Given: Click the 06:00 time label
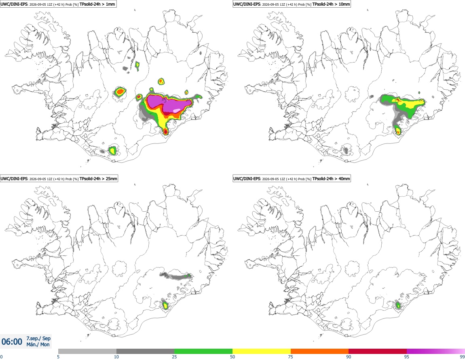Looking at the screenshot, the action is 12,342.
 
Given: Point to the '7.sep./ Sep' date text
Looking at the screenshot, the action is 38,338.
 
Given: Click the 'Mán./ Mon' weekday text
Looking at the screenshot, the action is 38,345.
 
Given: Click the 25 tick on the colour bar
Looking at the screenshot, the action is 174,357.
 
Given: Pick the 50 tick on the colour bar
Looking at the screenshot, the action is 232,357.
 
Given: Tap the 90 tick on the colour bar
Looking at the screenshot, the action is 349,357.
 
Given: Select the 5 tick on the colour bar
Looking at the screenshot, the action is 58,357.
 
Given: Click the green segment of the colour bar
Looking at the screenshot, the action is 203,351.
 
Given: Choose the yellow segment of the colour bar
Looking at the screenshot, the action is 262,351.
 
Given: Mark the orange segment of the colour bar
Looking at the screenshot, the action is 319,351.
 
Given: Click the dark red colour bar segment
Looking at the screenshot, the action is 378,351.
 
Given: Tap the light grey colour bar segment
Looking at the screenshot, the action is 87,351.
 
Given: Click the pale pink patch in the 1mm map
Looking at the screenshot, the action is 177,111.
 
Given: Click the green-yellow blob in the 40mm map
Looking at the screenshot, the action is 398,305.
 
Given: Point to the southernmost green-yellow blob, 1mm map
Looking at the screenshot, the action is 112,151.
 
